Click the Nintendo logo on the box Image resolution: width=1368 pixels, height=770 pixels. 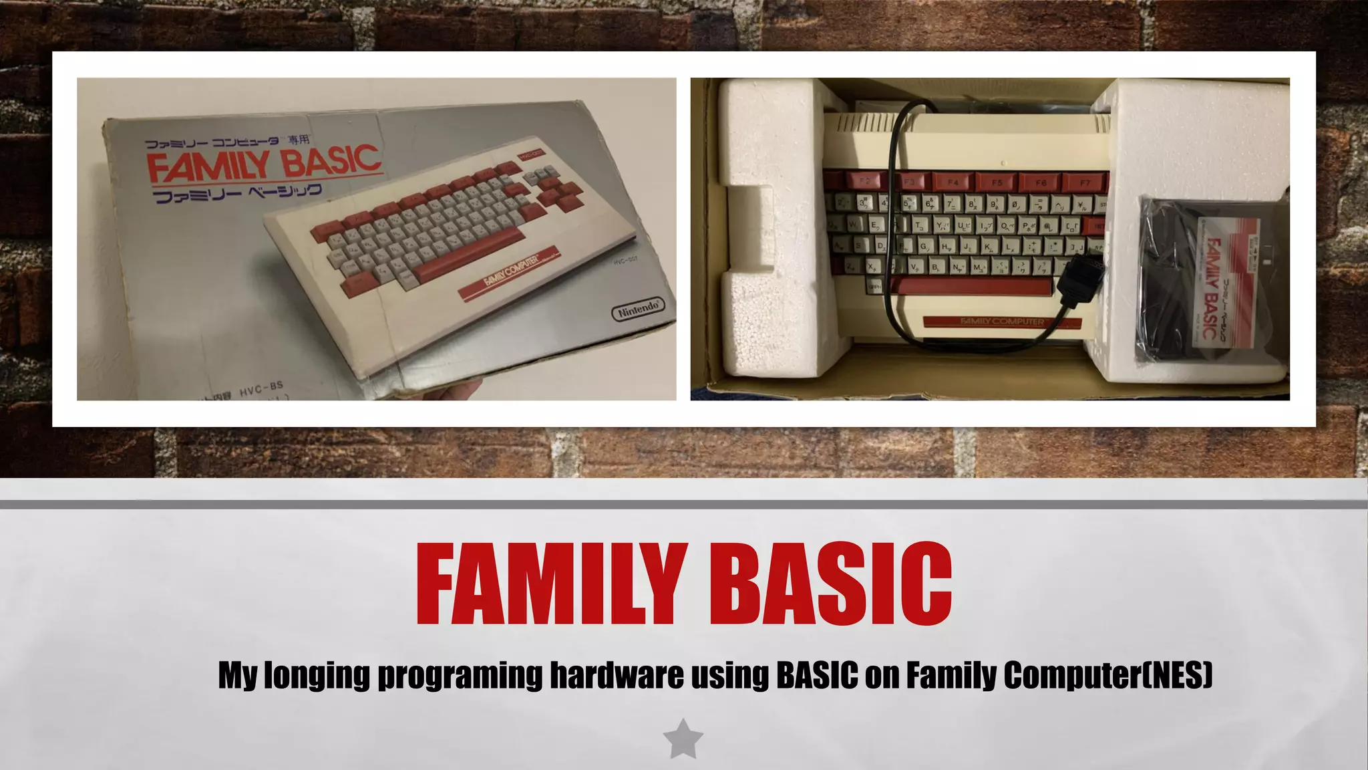point(638,309)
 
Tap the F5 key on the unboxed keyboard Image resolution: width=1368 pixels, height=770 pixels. point(997,182)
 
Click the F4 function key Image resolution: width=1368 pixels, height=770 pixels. point(953,182)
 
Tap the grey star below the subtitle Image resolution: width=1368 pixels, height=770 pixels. point(683,740)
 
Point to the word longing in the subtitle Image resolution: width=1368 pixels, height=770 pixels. point(317,675)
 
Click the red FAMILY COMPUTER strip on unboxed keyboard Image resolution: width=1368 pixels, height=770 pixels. point(1002,322)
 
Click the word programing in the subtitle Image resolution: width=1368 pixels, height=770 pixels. point(460,675)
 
